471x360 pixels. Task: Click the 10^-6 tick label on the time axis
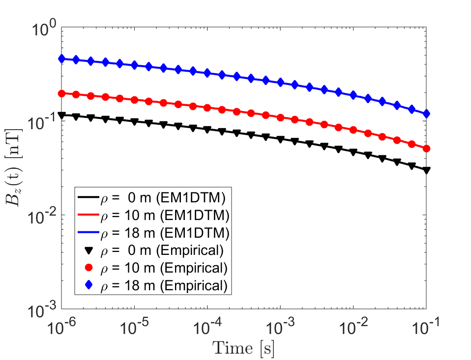click(61, 325)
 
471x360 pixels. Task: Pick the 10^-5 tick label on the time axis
click(134, 325)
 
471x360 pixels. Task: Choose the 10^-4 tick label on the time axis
click(207, 325)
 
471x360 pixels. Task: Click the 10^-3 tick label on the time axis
click(280, 325)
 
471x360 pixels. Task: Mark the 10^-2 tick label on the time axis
click(353, 325)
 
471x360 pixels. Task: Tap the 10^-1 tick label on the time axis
click(426, 325)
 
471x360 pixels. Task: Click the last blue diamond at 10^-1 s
click(426, 114)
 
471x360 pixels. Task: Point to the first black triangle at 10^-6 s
click(61, 116)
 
